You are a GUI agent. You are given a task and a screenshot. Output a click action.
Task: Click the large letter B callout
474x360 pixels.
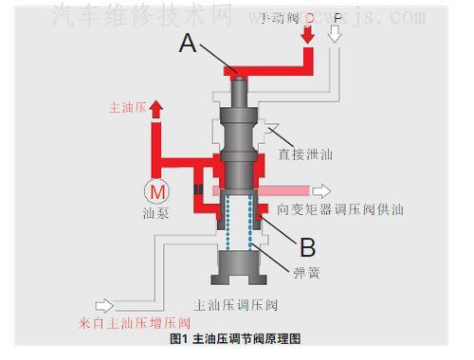point(307,247)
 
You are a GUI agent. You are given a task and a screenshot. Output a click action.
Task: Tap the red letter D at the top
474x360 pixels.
point(309,16)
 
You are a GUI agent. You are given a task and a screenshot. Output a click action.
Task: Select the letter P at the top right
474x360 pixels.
point(337,16)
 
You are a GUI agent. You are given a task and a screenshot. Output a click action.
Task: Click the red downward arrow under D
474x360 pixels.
point(307,36)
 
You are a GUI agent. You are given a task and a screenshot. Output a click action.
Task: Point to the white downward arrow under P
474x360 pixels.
point(335,36)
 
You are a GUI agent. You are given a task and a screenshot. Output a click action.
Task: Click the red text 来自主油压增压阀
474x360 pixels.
point(127,323)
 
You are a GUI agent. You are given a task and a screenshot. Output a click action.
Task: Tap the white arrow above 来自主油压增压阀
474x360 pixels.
point(105,305)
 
